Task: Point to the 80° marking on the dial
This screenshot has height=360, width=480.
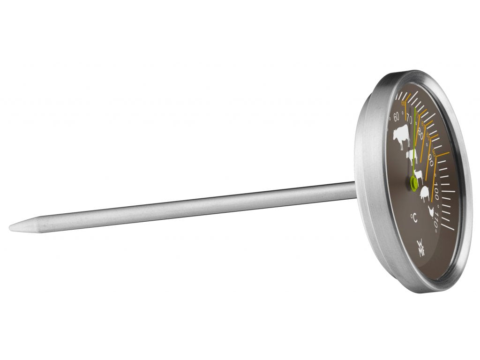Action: [421, 136]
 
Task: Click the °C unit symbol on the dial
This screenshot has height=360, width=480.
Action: [414, 217]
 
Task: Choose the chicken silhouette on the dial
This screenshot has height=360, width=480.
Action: [428, 212]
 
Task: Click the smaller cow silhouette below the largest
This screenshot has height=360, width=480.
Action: [412, 156]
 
